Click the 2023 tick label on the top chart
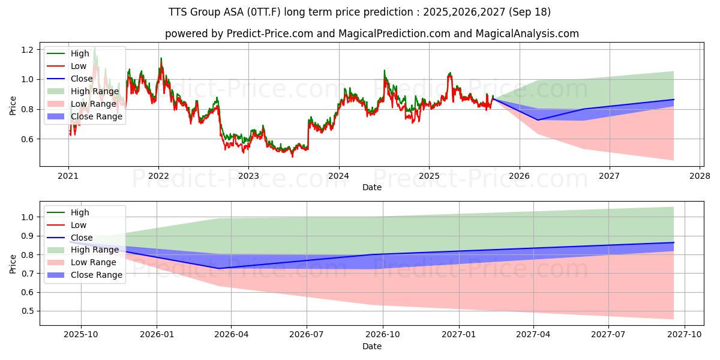(x=248, y=176)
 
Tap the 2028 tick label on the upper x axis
(x=700, y=176)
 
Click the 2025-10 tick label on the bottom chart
(x=81, y=335)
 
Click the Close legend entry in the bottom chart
(x=82, y=238)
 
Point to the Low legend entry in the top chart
(x=79, y=66)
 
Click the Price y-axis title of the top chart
(x=13, y=106)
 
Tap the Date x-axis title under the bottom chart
(x=372, y=346)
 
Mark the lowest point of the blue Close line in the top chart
(x=538, y=120)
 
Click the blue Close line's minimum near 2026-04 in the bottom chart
(x=218, y=268)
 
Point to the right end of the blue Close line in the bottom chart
(x=673, y=242)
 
